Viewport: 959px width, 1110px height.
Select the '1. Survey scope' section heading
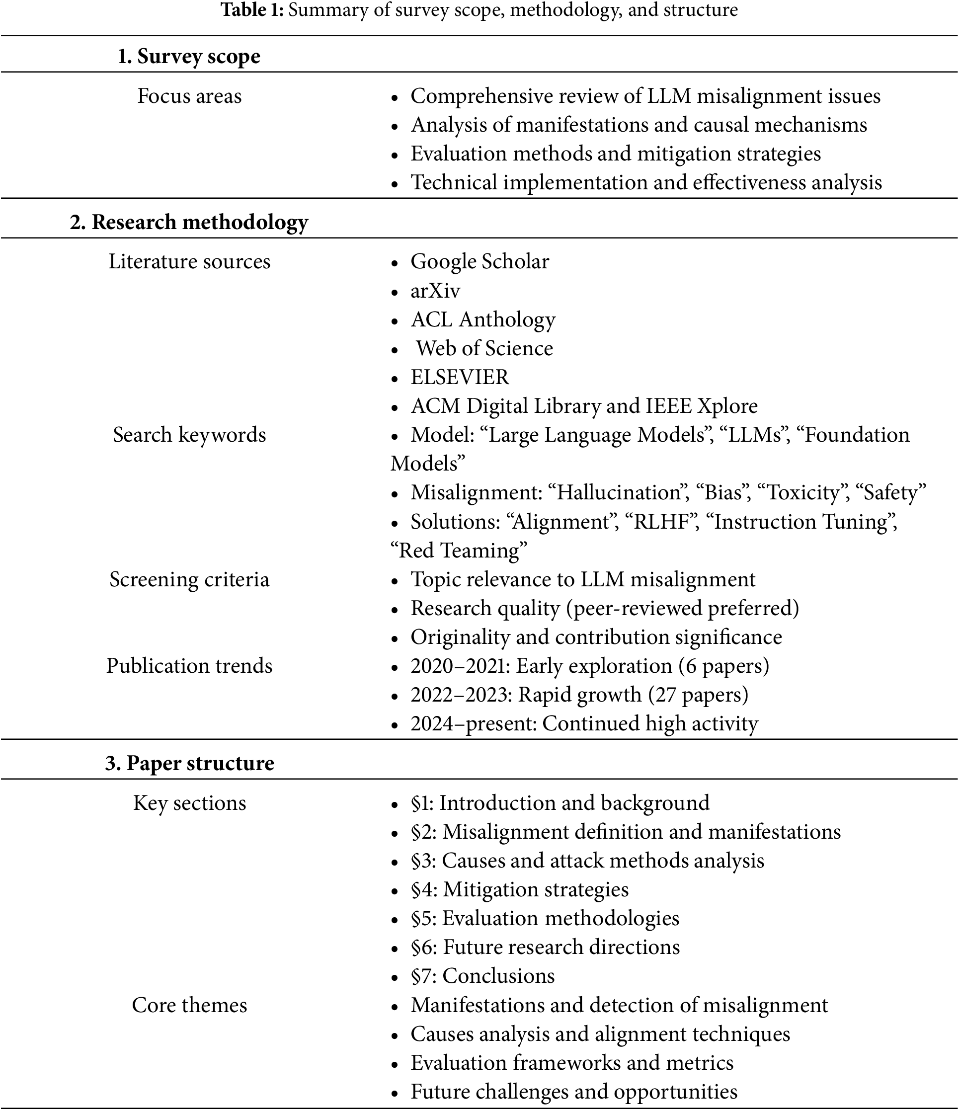point(189,56)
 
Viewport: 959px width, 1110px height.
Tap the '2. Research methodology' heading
point(189,222)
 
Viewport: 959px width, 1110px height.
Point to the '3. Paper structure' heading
point(189,763)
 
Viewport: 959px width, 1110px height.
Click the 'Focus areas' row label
point(189,96)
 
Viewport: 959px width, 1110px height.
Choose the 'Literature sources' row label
point(189,261)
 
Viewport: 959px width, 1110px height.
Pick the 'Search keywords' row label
point(189,434)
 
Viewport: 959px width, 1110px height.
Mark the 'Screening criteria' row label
point(189,579)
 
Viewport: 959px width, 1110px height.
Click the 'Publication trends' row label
point(189,665)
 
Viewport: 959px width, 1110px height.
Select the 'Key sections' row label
point(189,802)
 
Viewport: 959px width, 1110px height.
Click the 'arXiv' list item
point(435,291)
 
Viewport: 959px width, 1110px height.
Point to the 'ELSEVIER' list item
point(460,377)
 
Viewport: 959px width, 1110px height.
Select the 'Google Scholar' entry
point(479,261)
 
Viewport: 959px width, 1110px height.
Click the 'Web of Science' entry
point(484,348)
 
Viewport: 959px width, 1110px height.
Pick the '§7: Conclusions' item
point(482,975)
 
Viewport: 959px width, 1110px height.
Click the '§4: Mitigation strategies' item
point(520,889)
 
